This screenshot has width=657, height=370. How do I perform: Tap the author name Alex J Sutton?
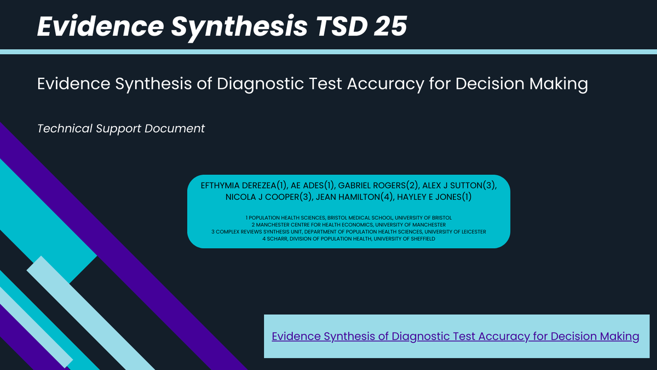[459, 186]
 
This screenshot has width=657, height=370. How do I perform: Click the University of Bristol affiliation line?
[349, 218]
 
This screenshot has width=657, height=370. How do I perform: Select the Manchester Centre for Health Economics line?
[349, 225]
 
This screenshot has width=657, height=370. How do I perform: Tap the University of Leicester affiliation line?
[349, 232]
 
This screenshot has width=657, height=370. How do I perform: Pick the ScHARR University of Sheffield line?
[349, 239]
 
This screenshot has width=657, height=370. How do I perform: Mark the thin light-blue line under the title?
[328, 52]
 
